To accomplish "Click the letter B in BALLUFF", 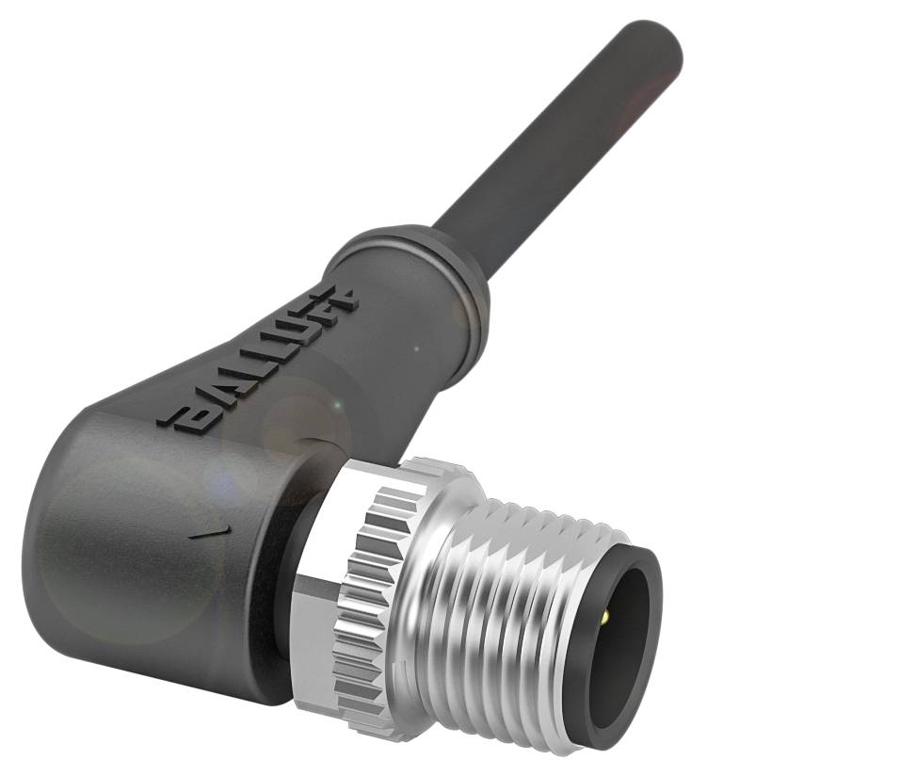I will tap(180, 418).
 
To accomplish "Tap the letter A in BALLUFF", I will tap(209, 398).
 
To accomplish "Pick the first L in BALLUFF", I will tap(236, 379).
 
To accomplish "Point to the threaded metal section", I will tap(527, 622).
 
